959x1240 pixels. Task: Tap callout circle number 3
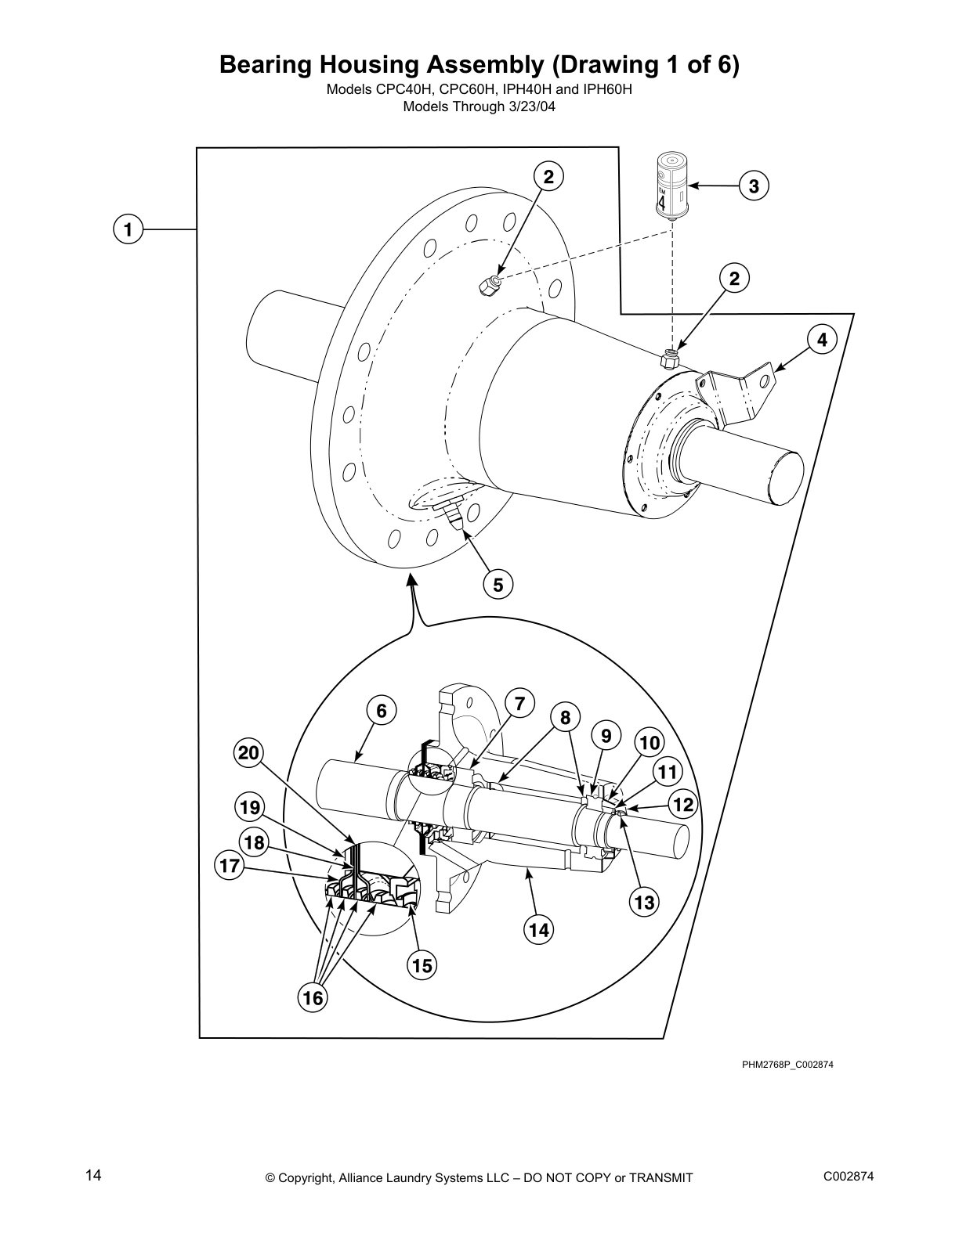(753, 186)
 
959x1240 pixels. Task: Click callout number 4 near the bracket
(821, 340)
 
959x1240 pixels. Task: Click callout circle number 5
(498, 584)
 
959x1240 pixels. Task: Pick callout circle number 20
(248, 753)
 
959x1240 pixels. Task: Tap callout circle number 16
(312, 997)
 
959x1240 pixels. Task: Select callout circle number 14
(538, 929)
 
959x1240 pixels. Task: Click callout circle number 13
(643, 903)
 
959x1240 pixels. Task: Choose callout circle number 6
(381, 711)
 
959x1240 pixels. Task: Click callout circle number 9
(606, 736)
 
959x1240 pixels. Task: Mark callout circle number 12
(683, 804)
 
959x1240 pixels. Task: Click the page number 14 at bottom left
(93, 1175)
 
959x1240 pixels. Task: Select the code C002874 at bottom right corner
(849, 1177)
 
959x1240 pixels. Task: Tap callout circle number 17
(229, 867)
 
